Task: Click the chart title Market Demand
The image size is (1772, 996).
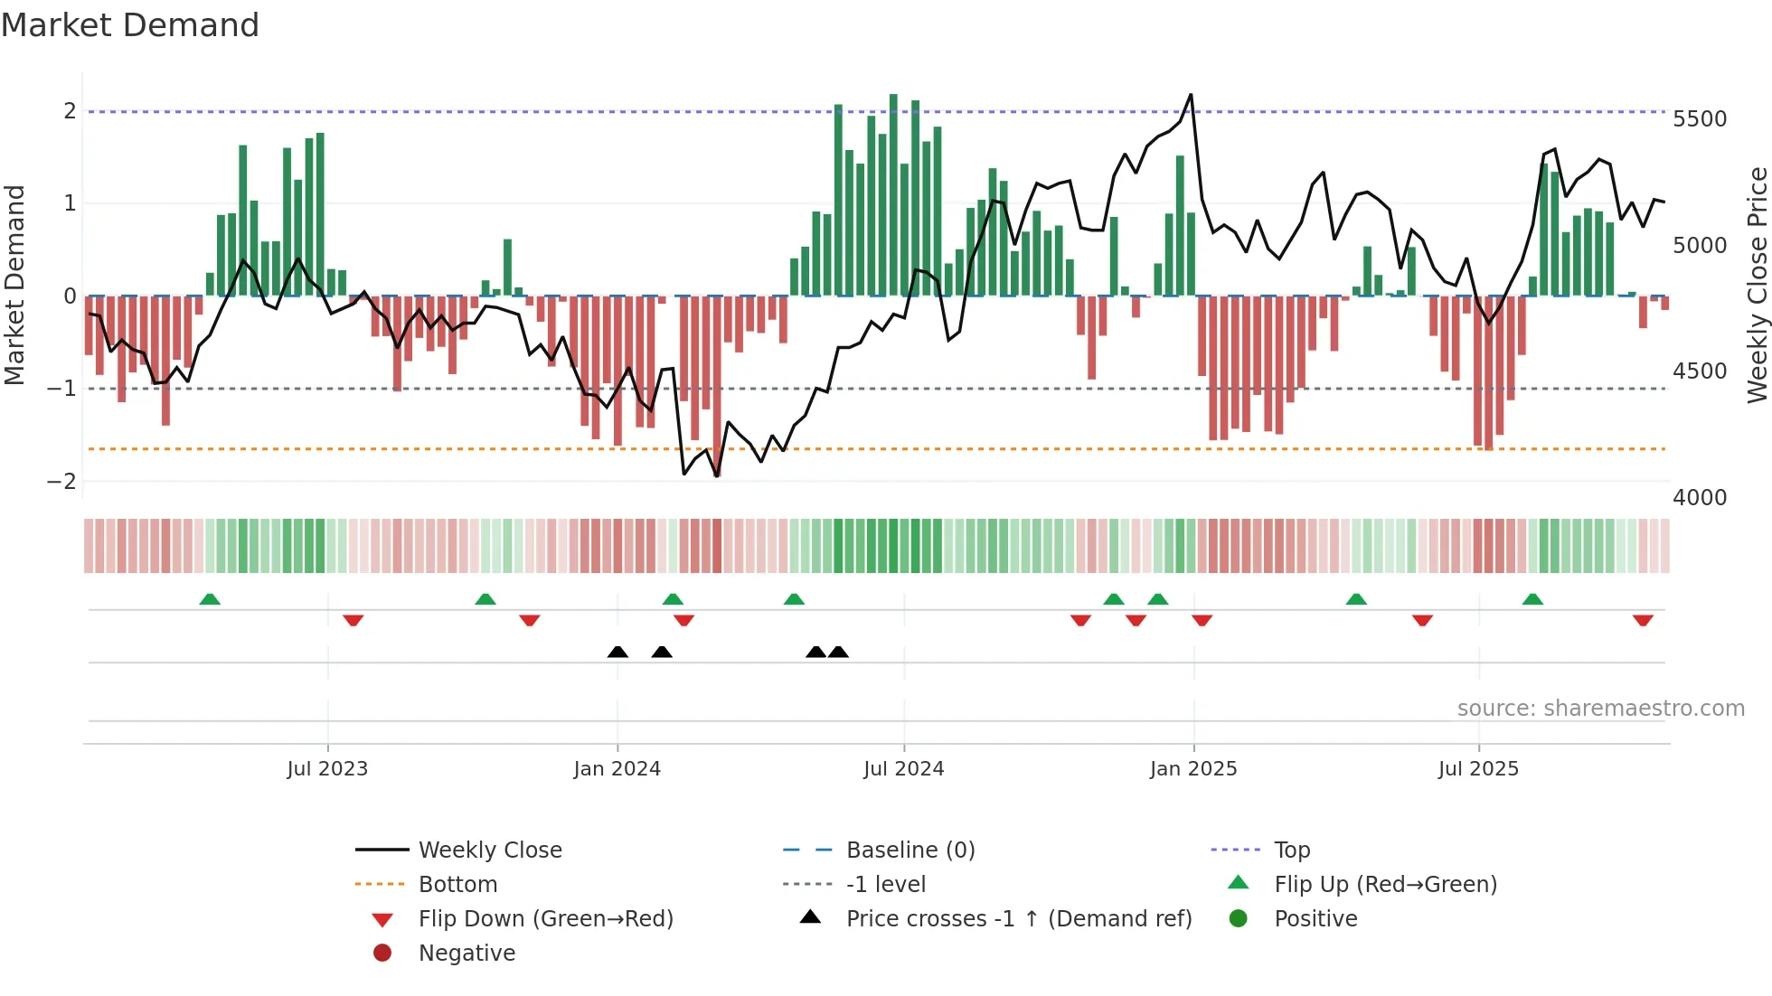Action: click(x=130, y=25)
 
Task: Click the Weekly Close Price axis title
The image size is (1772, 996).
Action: click(x=1757, y=285)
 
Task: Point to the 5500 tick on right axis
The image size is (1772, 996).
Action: click(x=1699, y=119)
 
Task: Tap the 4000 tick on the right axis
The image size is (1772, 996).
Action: click(x=1699, y=497)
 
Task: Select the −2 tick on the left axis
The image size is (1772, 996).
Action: click(x=62, y=481)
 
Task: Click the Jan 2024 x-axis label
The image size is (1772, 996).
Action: click(x=617, y=769)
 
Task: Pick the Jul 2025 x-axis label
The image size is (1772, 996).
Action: click(x=1478, y=769)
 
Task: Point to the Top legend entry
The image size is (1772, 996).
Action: click(x=1291, y=850)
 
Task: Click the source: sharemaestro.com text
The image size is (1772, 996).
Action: click(x=1600, y=709)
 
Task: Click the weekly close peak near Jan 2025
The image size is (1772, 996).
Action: click(x=1191, y=95)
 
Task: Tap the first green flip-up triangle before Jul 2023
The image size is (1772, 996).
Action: click(x=210, y=599)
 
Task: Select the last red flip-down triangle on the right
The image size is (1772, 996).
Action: click(x=1643, y=620)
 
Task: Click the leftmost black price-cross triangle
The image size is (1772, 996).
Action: click(x=617, y=652)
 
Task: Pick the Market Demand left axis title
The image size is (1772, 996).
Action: click(x=14, y=285)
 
